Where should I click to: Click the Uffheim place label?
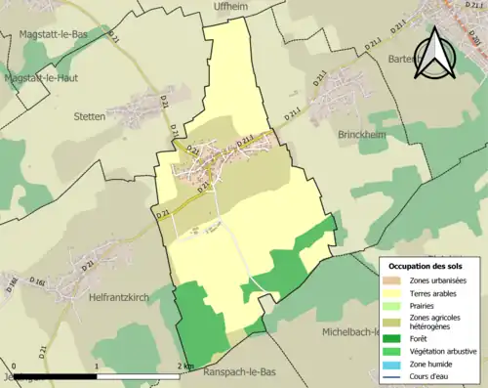coord(233,6)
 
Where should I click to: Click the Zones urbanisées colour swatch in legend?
coord(392,280)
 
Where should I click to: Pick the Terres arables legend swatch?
coord(392,292)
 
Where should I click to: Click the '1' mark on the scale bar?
coord(96,366)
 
